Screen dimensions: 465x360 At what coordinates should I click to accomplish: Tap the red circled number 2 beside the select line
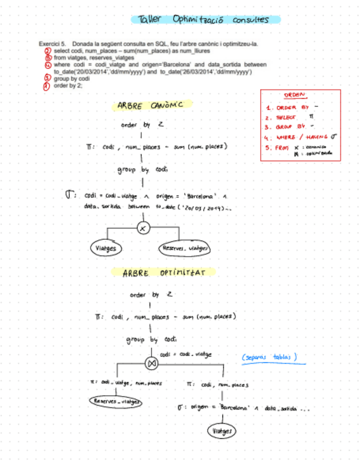[48, 50]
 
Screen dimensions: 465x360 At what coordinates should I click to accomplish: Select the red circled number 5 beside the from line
[48, 57]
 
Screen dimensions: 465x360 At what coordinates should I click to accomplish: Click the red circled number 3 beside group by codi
[48, 79]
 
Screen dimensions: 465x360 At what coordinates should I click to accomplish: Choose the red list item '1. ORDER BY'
[288, 108]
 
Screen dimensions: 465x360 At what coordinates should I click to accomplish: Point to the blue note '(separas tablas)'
[270, 358]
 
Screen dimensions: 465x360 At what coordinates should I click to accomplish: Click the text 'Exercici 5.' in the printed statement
[52, 43]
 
